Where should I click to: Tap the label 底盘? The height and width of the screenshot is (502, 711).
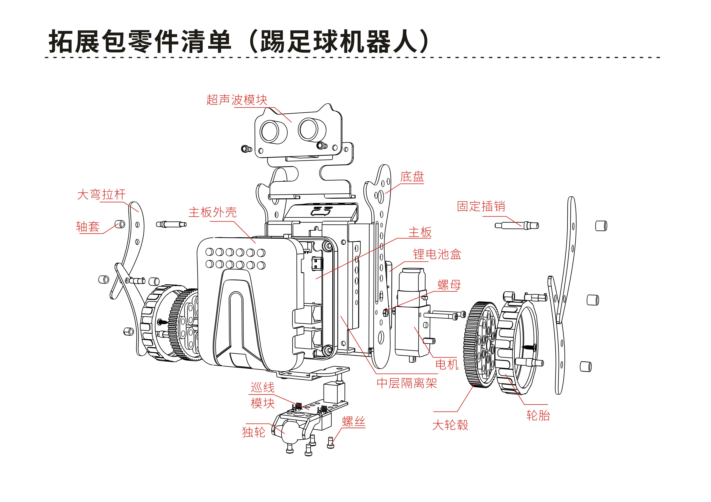(x=412, y=177)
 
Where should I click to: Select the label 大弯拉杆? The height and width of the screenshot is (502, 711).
(x=101, y=195)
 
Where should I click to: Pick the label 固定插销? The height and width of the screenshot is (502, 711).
(x=481, y=206)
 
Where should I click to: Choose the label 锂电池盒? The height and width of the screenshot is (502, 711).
(x=437, y=254)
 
